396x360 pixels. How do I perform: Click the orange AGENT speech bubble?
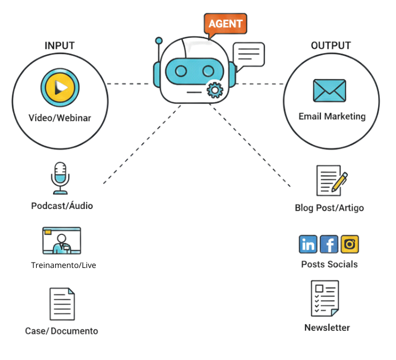tap(225, 24)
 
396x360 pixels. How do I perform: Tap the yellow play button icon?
tap(60, 87)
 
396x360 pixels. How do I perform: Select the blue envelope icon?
tap(329, 90)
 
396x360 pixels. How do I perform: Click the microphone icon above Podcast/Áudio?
tap(60, 177)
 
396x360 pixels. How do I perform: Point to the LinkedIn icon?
tap(308, 244)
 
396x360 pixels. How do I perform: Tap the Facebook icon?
tap(329, 244)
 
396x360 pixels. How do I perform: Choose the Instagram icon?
tap(350, 244)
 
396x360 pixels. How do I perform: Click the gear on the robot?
tap(215, 89)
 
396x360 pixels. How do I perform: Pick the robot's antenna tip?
tap(159, 41)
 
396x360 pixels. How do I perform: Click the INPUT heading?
tap(60, 45)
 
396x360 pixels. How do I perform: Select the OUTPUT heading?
tap(331, 45)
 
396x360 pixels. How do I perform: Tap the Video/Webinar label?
tap(60, 117)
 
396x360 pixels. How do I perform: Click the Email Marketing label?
tap(332, 116)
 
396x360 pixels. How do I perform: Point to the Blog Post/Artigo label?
tap(329, 208)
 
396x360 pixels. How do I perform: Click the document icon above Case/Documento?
tap(62, 304)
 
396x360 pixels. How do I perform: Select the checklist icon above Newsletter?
tap(325, 298)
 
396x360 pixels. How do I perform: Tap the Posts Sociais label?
tap(329, 264)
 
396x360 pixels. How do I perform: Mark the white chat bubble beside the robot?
tap(249, 54)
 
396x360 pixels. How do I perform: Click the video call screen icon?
tap(61, 240)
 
